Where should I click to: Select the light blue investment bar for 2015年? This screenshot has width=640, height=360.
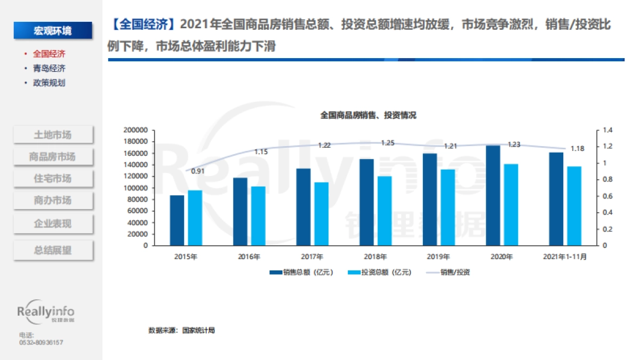(195, 218)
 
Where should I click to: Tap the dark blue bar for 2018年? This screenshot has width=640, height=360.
(366, 202)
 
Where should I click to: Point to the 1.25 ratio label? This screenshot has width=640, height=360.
(388, 143)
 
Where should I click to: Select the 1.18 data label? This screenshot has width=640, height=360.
(578, 148)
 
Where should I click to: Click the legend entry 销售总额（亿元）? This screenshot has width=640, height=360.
(302, 272)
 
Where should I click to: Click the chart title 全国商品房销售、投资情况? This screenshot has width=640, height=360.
(368, 115)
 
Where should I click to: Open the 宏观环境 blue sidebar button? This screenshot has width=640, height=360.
(53, 30)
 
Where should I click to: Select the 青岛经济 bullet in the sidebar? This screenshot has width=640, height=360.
(49, 68)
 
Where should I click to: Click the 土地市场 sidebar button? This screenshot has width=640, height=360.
(53, 135)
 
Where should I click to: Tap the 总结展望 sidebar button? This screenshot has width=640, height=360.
(53, 250)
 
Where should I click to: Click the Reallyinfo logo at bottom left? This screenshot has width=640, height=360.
(46, 313)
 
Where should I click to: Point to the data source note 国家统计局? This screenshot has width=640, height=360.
(181, 331)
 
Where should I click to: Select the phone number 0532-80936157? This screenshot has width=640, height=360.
(41, 342)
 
